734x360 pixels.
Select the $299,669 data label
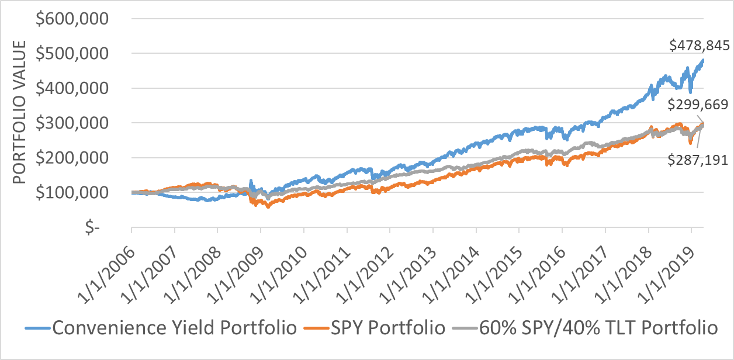[698, 105]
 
